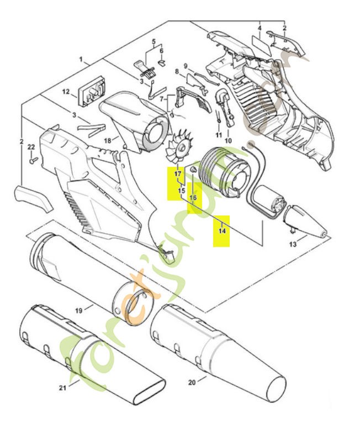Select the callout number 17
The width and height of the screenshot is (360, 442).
tap(178, 175)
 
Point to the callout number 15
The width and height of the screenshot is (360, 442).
tap(181, 190)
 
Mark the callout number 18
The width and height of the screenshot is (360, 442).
tap(108, 141)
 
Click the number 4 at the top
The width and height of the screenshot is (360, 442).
tap(259, 27)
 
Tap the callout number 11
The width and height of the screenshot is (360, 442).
tap(219, 135)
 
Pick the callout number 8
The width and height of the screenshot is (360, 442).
tap(177, 72)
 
